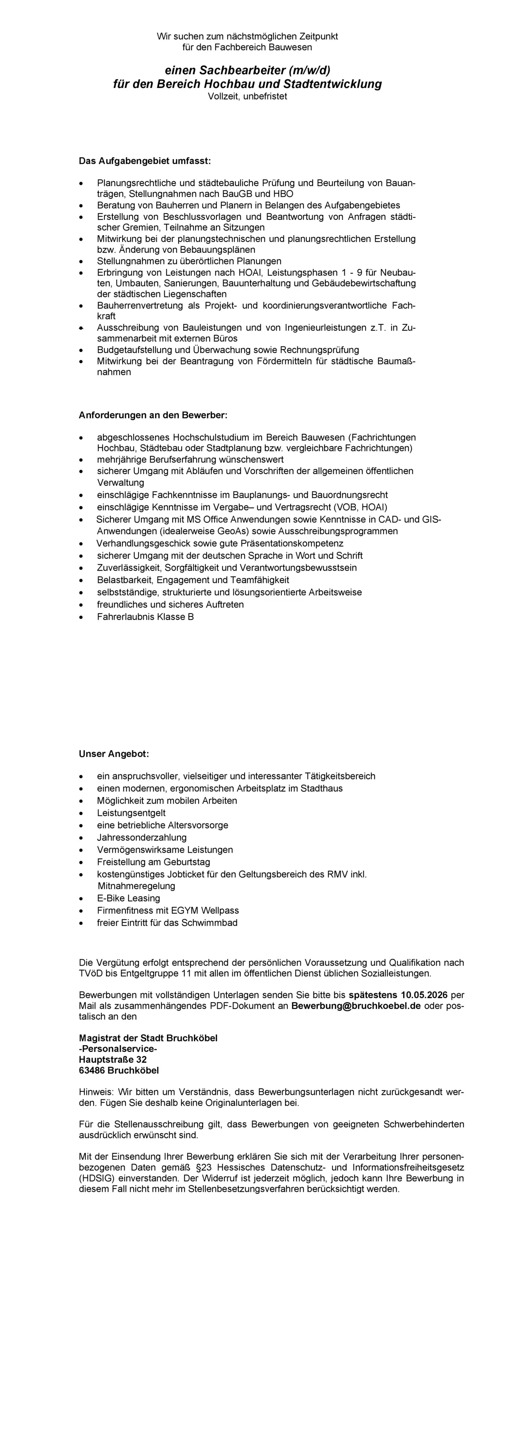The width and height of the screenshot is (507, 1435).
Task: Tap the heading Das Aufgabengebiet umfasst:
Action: (x=144, y=162)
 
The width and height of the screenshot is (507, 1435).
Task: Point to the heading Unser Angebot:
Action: (x=114, y=754)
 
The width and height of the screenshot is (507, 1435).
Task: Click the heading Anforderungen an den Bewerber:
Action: (x=153, y=416)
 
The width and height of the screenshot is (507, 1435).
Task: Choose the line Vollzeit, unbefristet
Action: (x=247, y=96)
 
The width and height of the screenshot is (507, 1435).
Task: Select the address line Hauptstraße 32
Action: (x=113, y=1059)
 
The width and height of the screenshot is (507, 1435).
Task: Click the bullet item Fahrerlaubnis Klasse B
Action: (x=145, y=617)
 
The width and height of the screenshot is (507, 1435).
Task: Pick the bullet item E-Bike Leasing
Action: (x=128, y=898)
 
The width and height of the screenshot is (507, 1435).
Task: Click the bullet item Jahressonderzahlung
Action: (x=142, y=837)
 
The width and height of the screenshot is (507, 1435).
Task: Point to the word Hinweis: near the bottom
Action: (x=96, y=1092)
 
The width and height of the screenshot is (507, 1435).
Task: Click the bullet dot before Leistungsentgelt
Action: (x=82, y=813)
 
